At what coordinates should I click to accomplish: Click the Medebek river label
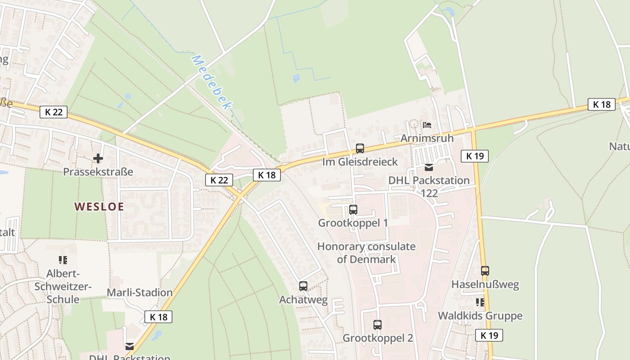pyautogui.click(x=212, y=82)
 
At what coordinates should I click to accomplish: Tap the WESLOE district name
pyautogui.click(x=99, y=207)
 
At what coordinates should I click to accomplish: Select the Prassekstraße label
pyautogui.click(x=98, y=172)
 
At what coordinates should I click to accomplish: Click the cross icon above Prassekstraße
pyautogui.click(x=98, y=158)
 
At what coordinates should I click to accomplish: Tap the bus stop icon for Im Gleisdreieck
pyautogui.click(x=360, y=148)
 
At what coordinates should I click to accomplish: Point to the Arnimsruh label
pyautogui.click(x=427, y=138)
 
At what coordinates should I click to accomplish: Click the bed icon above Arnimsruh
pyautogui.click(x=427, y=125)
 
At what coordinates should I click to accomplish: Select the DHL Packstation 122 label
pyautogui.click(x=429, y=186)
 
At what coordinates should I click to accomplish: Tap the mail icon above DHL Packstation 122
pyautogui.click(x=429, y=167)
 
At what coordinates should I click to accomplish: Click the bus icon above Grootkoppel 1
pyautogui.click(x=353, y=210)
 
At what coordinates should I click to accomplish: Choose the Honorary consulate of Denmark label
pyautogui.click(x=366, y=252)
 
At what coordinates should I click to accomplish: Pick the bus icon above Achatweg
pyautogui.click(x=303, y=286)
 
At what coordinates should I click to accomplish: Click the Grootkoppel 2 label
pyautogui.click(x=378, y=338)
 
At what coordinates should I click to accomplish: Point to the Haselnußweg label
pyautogui.click(x=485, y=284)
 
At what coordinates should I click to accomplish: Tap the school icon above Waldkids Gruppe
pyautogui.click(x=480, y=302)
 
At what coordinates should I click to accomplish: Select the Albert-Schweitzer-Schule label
pyautogui.click(x=69, y=286)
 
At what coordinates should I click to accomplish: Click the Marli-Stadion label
pyautogui.click(x=139, y=292)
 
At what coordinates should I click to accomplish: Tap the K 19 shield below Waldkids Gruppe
pyautogui.click(x=489, y=335)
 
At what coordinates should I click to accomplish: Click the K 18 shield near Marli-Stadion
pyautogui.click(x=158, y=317)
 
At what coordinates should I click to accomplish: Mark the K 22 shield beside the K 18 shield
pyautogui.click(x=219, y=180)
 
